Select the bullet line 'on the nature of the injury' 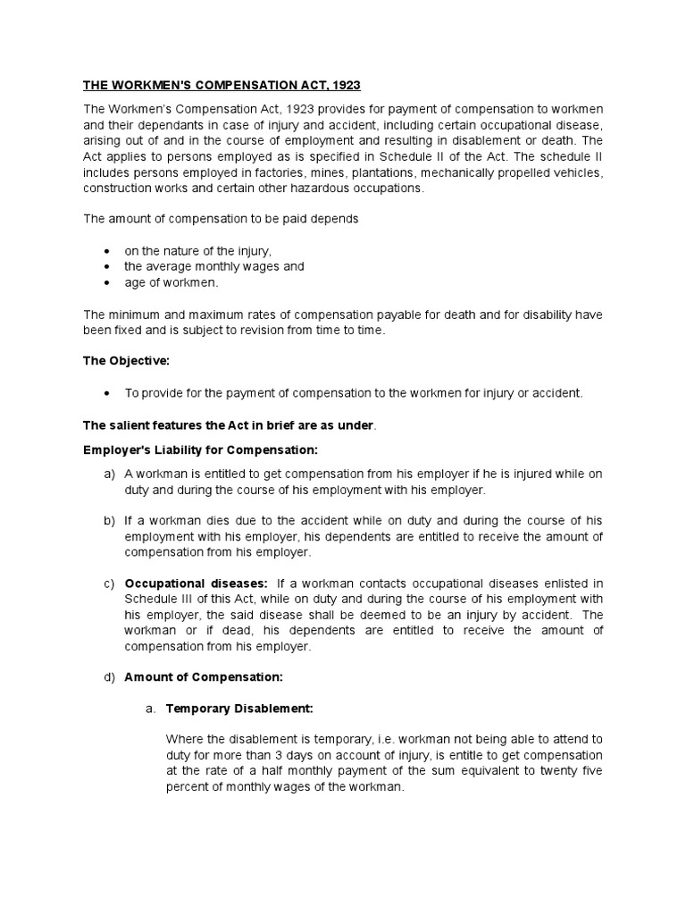pos(197,251)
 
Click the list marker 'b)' pos(109,520)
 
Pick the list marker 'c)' pos(109,583)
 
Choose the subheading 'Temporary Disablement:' pos(239,709)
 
